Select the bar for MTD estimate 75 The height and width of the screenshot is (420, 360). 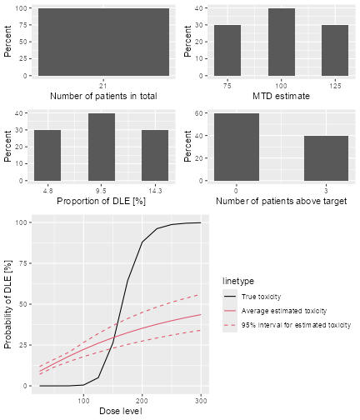pyautogui.click(x=227, y=51)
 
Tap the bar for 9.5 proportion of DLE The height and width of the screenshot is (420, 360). pyautogui.click(x=101, y=147)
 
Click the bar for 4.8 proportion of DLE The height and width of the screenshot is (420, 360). pyautogui.click(x=47, y=156)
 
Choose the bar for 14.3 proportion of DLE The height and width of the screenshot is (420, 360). pyautogui.click(x=155, y=156)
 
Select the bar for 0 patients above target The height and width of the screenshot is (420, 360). pyautogui.click(x=236, y=147)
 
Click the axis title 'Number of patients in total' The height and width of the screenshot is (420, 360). pyautogui.click(x=103, y=97)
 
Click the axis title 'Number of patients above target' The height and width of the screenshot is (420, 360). pyautogui.click(x=280, y=202)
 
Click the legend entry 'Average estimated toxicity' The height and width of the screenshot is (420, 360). pyautogui.click(x=278, y=311)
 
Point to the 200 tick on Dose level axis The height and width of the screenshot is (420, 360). pyautogui.click(x=142, y=399)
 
